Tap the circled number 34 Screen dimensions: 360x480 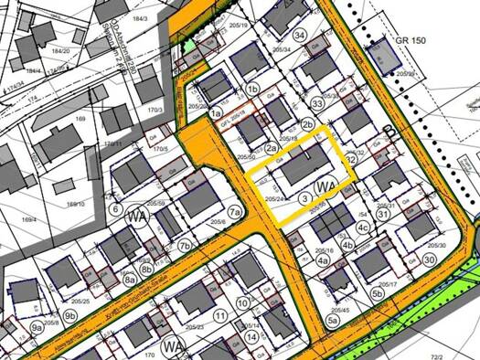(x=300, y=35)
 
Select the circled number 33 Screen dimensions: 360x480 (x=317, y=104)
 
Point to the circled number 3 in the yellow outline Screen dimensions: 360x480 (x=304, y=198)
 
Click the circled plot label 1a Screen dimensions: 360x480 (x=216, y=113)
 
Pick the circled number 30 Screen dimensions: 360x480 (x=429, y=259)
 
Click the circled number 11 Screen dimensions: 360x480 (x=220, y=316)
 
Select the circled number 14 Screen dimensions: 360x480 (x=251, y=337)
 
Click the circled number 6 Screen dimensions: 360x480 (x=115, y=208)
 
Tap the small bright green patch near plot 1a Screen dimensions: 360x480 (x=188, y=46)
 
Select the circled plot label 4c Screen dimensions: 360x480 (x=363, y=228)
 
